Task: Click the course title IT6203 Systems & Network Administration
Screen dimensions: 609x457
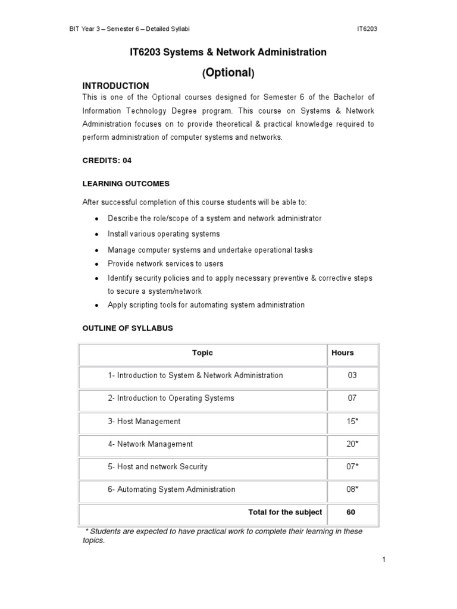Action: tap(228, 52)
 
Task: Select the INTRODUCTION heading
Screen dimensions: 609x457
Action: tap(115, 86)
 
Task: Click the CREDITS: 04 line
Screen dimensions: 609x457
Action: tap(107, 161)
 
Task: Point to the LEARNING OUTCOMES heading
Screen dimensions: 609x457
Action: tap(126, 184)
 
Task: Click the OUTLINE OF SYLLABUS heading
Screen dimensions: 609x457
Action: tap(127, 328)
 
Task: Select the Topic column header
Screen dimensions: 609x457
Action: tap(202, 353)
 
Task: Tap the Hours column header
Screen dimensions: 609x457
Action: tap(343, 353)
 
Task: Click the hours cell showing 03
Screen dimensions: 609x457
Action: tap(352, 376)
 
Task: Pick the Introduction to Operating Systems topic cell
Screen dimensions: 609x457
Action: tap(171, 398)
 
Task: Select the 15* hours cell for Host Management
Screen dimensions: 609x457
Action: tap(352, 422)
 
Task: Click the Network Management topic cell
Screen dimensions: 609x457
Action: tap(150, 444)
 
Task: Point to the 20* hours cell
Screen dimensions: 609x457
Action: tap(352, 444)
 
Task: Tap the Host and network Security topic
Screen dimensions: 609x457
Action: tap(158, 467)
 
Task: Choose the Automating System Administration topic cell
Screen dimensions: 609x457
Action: tap(171, 490)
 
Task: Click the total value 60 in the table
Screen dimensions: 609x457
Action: tap(350, 513)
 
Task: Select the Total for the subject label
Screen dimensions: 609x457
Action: tap(285, 513)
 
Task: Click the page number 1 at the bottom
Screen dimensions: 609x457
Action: tap(384, 560)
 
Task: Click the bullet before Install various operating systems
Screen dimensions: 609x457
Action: tap(96, 234)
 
